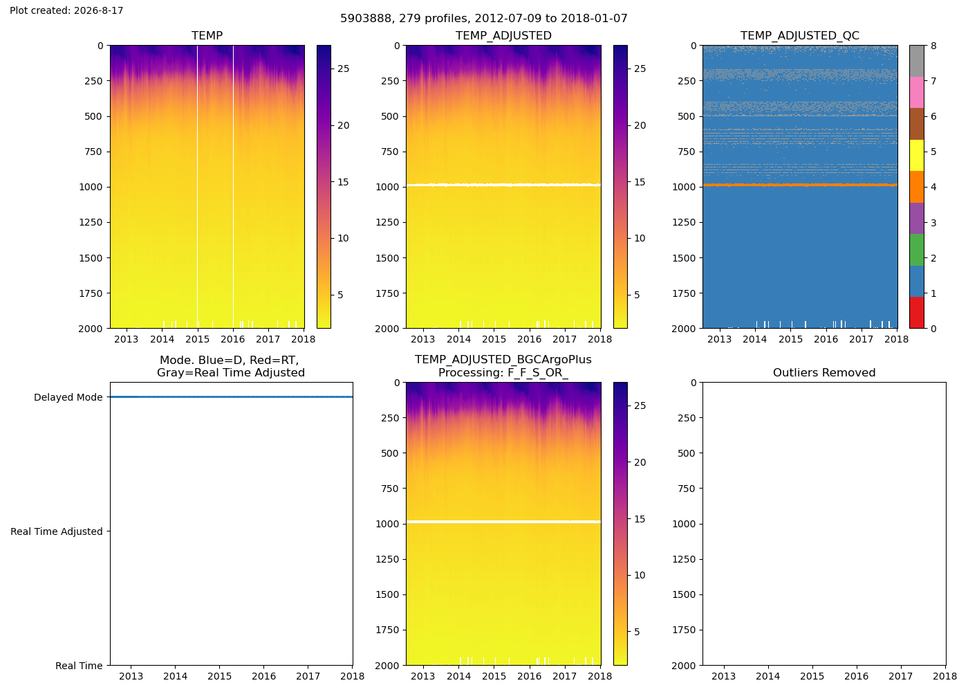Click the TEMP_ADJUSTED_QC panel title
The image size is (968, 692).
click(x=799, y=35)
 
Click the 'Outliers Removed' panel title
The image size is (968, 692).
click(x=824, y=372)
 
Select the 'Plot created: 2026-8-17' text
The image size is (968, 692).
click(x=66, y=10)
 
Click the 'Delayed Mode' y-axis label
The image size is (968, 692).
click(x=68, y=397)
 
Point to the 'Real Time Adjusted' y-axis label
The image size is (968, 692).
click(x=57, y=531)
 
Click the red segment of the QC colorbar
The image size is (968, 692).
click(x=917, y=313)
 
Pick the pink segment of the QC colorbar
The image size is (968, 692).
click(x=917, y=93)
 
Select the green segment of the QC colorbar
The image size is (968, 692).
click(x=917, y=250)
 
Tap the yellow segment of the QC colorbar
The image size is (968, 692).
click(x=917, y=155)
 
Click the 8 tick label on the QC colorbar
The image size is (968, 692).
click(x=933, y=46)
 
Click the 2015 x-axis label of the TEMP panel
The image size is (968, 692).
click(x=198, y=339)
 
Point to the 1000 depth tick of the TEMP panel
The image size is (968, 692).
click(x=91, y=187)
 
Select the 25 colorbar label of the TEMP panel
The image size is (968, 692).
click(x=343, y=69)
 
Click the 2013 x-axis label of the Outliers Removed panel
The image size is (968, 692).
click(x=723, y=676)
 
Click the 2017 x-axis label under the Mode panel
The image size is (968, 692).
click(x=308, y=676)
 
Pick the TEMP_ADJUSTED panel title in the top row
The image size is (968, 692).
click(x=503, y=35)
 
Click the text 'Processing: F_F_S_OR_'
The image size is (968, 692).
click(x=503, y=372)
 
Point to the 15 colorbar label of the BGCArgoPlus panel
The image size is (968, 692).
click(x=640, y=519)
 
